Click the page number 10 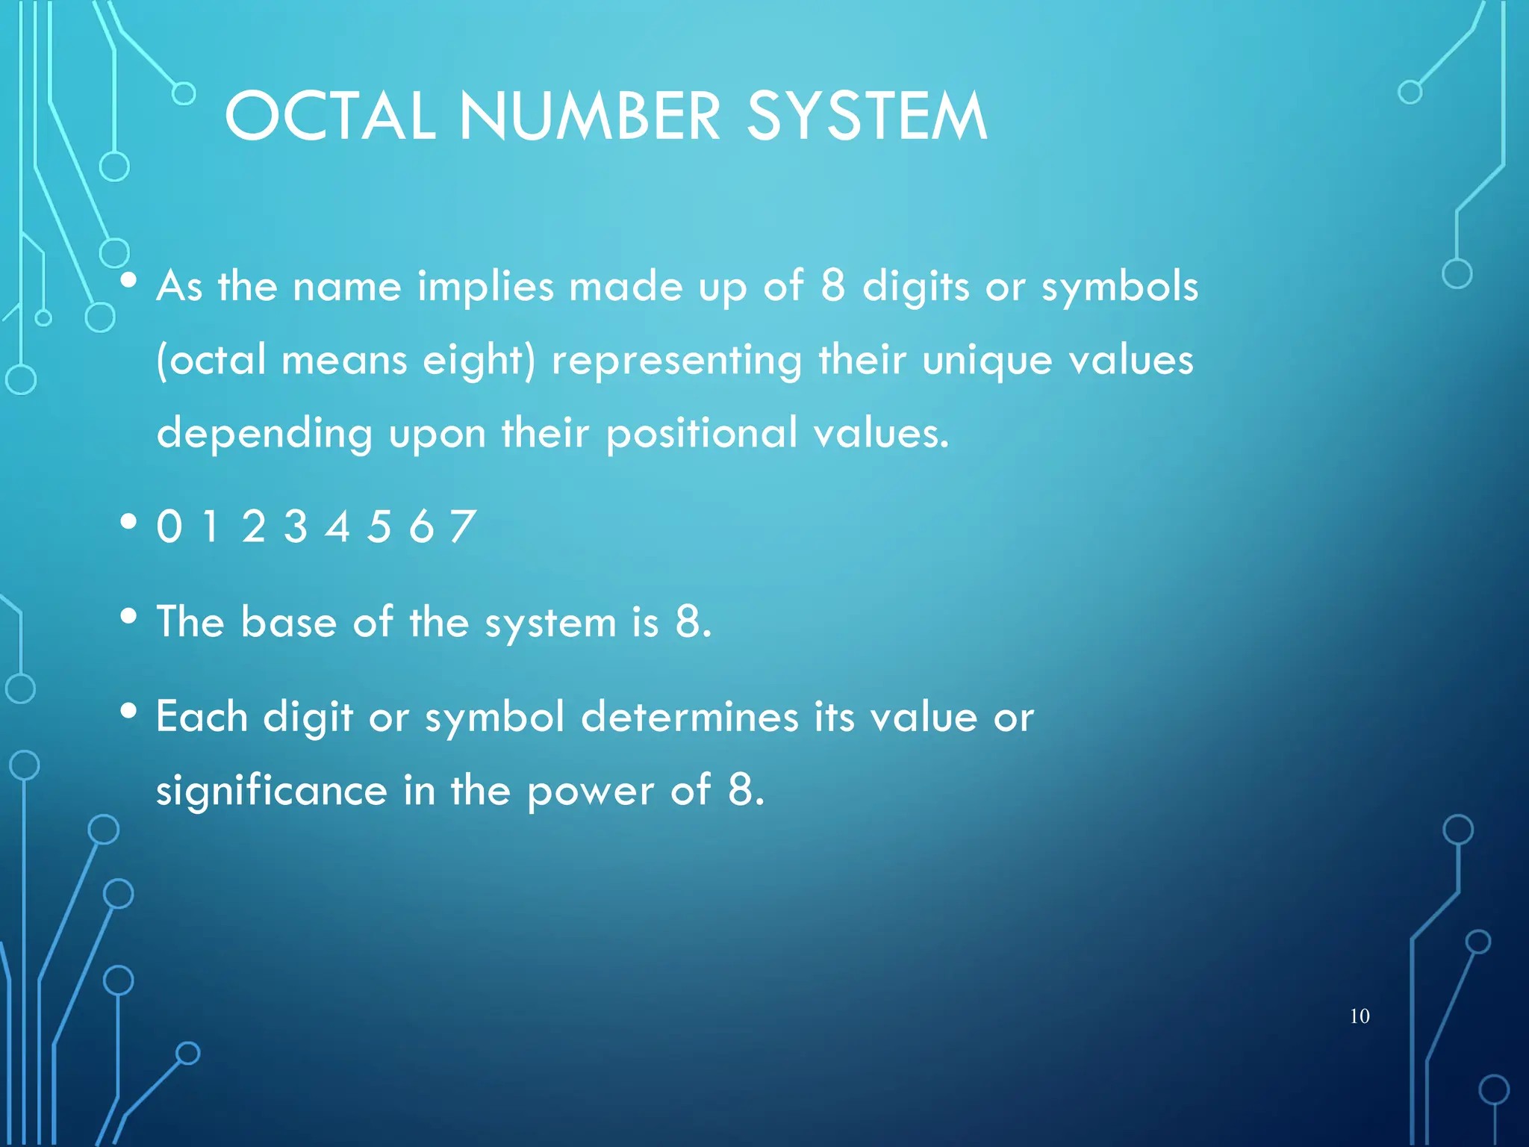click(1360, 1016)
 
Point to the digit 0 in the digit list click(169, 526)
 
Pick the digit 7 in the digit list click(463, 526)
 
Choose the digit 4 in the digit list click(337, 526)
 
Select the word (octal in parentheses click(211, 361)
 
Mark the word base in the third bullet click(288, 622)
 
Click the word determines click(690, 718)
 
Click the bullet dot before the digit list click(129, 522)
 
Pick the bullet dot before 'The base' click(129, 616)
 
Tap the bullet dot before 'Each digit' click(129, 711)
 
